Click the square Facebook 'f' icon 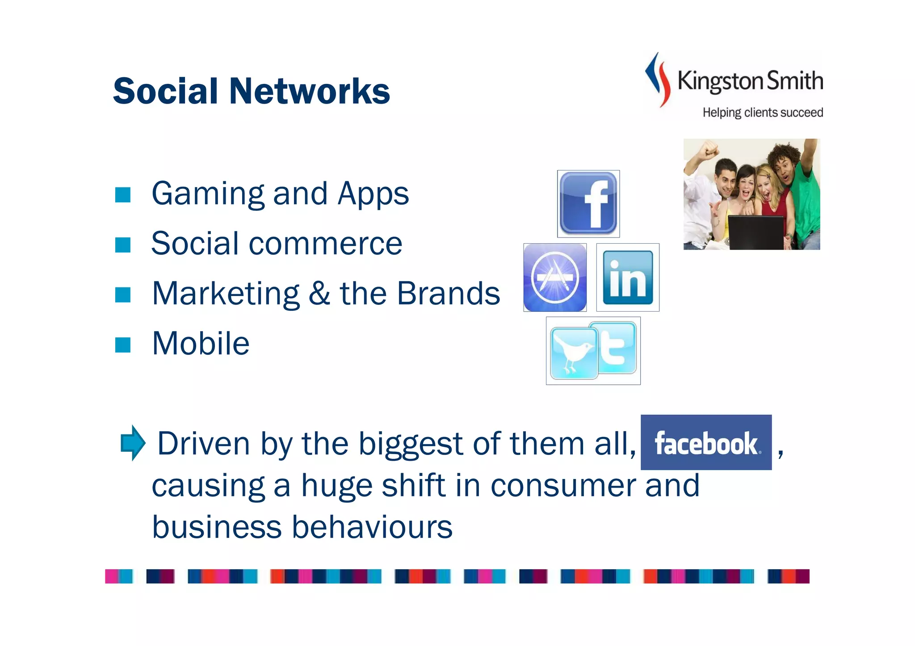point(588,204)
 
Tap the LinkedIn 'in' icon point(628,277)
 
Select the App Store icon point(555,277)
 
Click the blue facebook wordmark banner point(706,442)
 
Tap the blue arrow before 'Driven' point(133,442)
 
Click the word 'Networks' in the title point(309,91)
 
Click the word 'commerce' point(325,244)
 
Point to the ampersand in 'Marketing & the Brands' point(319,294)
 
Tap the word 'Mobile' point(201,344)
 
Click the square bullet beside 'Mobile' point(123,345)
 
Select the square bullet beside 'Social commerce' point(123,245)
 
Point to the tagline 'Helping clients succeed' point(762,113)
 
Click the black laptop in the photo point(756,232)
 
